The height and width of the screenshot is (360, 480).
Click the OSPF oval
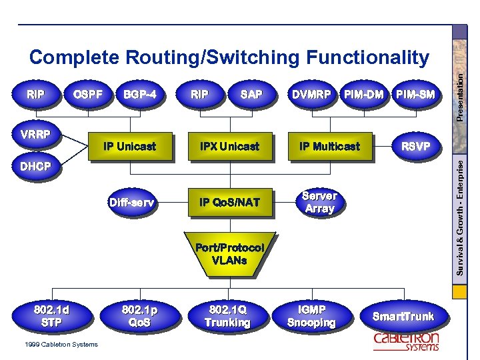tap(88, 94)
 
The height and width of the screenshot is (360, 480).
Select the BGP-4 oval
tap(139, 94)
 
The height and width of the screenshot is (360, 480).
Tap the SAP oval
tap(251, 94)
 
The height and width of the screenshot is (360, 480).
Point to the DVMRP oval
tap(311, 94)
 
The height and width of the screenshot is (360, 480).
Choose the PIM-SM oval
tap(415, 94)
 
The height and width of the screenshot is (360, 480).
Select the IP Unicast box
tap(129, 146)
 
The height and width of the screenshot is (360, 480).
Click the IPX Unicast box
tap(229, 146)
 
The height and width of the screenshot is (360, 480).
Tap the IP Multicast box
tap(329, 146)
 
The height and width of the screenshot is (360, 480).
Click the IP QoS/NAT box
tap(229, 202)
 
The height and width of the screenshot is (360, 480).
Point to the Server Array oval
tap(319, 202)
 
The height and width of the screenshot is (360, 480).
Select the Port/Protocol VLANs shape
tap(229, 254)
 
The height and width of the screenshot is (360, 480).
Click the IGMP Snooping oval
tap(311, 316)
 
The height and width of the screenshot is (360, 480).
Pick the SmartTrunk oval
tap(403, 316)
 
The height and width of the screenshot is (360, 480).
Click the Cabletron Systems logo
tap(406, 341)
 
